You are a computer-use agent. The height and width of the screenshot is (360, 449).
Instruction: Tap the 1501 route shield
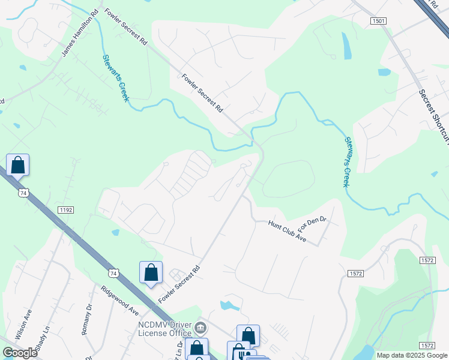pos(378,20)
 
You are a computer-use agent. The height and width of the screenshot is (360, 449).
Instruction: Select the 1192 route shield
pos(65,209)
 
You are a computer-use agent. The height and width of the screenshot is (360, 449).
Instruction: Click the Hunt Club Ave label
pos(288,231)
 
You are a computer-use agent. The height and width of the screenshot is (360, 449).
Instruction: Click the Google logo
pos(20,353)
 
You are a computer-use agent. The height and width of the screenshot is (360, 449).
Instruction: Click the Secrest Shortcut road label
pos(434,117)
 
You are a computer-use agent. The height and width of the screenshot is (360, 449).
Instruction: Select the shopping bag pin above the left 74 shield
pos(18,164)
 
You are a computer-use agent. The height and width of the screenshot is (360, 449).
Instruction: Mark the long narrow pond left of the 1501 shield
pos(346,45)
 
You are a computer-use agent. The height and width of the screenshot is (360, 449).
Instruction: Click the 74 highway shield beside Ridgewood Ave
pos(114,273)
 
